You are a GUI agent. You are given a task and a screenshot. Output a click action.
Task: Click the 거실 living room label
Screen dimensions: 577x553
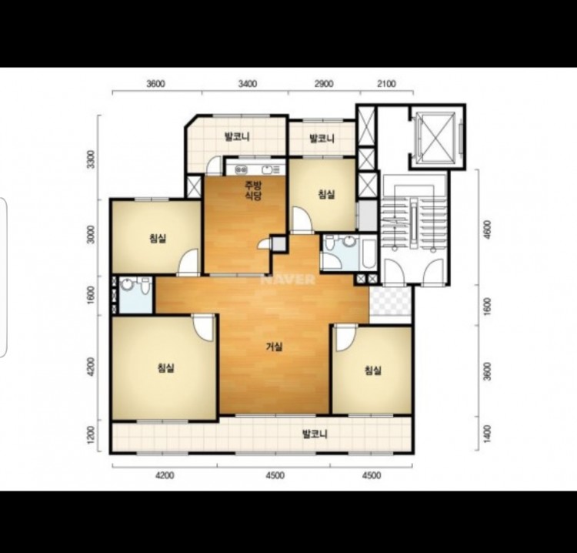[274, 347]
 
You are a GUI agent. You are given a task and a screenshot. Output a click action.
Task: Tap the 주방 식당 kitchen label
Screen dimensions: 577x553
[253, 189]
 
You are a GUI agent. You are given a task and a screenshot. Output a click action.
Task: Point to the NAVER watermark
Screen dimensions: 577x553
[288, 280]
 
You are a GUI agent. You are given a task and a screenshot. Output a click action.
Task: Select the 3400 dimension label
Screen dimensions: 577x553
[247, 84]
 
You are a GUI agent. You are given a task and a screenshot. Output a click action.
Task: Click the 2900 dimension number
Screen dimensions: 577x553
[324, 84]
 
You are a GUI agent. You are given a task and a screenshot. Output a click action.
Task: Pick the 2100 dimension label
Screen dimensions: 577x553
[386, 84]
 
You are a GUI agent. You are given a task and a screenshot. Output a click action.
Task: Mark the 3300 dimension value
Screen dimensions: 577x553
[92, 159]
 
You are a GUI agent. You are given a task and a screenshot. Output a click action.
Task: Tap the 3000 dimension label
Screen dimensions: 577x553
[92, 234]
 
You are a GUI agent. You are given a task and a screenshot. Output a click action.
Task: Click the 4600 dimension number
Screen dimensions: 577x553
[487, 230]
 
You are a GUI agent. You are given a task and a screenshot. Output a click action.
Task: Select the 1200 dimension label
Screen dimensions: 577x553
[92, 434]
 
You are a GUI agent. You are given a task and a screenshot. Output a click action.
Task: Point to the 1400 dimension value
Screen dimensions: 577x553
[487, 434]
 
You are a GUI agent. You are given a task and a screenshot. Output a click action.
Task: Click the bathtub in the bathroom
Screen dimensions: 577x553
[369, 253]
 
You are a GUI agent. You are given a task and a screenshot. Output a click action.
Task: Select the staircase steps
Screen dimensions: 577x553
[414, 225]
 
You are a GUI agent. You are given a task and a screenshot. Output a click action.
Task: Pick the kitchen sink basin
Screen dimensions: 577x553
[267, 170]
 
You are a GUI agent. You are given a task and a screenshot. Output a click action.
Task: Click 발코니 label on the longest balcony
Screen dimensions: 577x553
[315, 434]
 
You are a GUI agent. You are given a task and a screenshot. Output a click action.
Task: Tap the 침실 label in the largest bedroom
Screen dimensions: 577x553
[166, 367]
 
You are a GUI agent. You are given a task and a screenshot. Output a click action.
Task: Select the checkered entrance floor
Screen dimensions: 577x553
[390, 300]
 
